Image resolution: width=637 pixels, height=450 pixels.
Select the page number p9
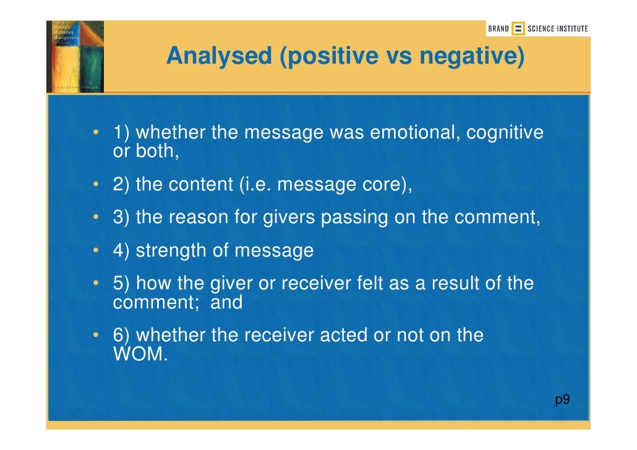coord(562,400)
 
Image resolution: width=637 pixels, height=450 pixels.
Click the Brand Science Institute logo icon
coord(518,28)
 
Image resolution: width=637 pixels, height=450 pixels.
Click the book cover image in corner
coord(75,56)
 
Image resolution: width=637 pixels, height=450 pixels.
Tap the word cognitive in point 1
coord(505,132)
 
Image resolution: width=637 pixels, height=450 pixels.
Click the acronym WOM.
coord(140,355)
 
